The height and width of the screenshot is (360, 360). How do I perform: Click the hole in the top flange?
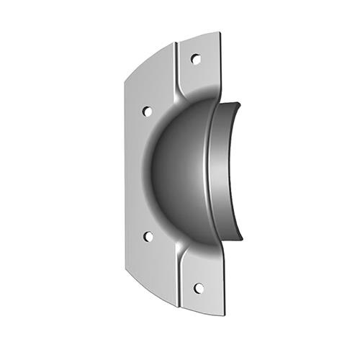(195, 59)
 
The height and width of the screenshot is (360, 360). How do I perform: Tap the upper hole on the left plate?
(147, 112)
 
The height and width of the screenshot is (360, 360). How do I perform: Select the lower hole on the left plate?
(148, 236)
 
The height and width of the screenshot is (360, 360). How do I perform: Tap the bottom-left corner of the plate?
(125, 270)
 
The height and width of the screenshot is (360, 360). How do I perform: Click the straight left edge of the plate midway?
(125, 173)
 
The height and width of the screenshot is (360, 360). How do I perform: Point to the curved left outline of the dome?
(152, 173)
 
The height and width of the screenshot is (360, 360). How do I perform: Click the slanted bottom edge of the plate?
(151, 291)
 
